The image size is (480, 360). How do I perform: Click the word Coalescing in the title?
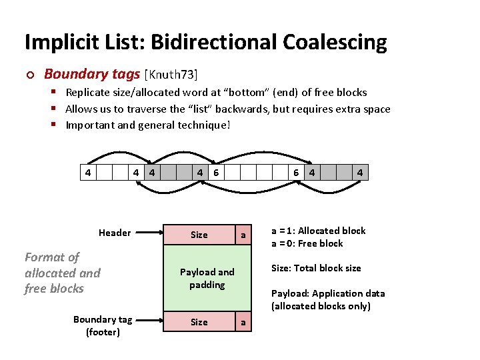click(335, 43)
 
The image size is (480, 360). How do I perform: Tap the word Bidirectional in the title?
click(215, 43)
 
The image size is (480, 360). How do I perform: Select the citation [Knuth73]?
click(171, 74)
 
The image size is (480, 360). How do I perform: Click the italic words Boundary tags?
click(92, 74)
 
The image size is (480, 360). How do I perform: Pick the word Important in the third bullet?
click(90, 125)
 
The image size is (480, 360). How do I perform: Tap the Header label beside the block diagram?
click(115, 233)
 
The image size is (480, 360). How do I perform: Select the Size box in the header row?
click(199, 235)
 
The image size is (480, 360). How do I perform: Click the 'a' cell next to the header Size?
click(243, 235)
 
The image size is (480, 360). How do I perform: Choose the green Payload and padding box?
click(207, 278)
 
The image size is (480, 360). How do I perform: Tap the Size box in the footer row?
click(199, 322)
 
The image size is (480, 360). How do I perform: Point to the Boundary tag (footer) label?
click(103, 325)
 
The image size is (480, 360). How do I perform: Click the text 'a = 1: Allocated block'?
click(318, 231)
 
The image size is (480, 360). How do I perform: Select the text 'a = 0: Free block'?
click(307, 243)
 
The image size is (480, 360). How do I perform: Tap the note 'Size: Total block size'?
click(316, 268)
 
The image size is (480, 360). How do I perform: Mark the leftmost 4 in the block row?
click(87, 173)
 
